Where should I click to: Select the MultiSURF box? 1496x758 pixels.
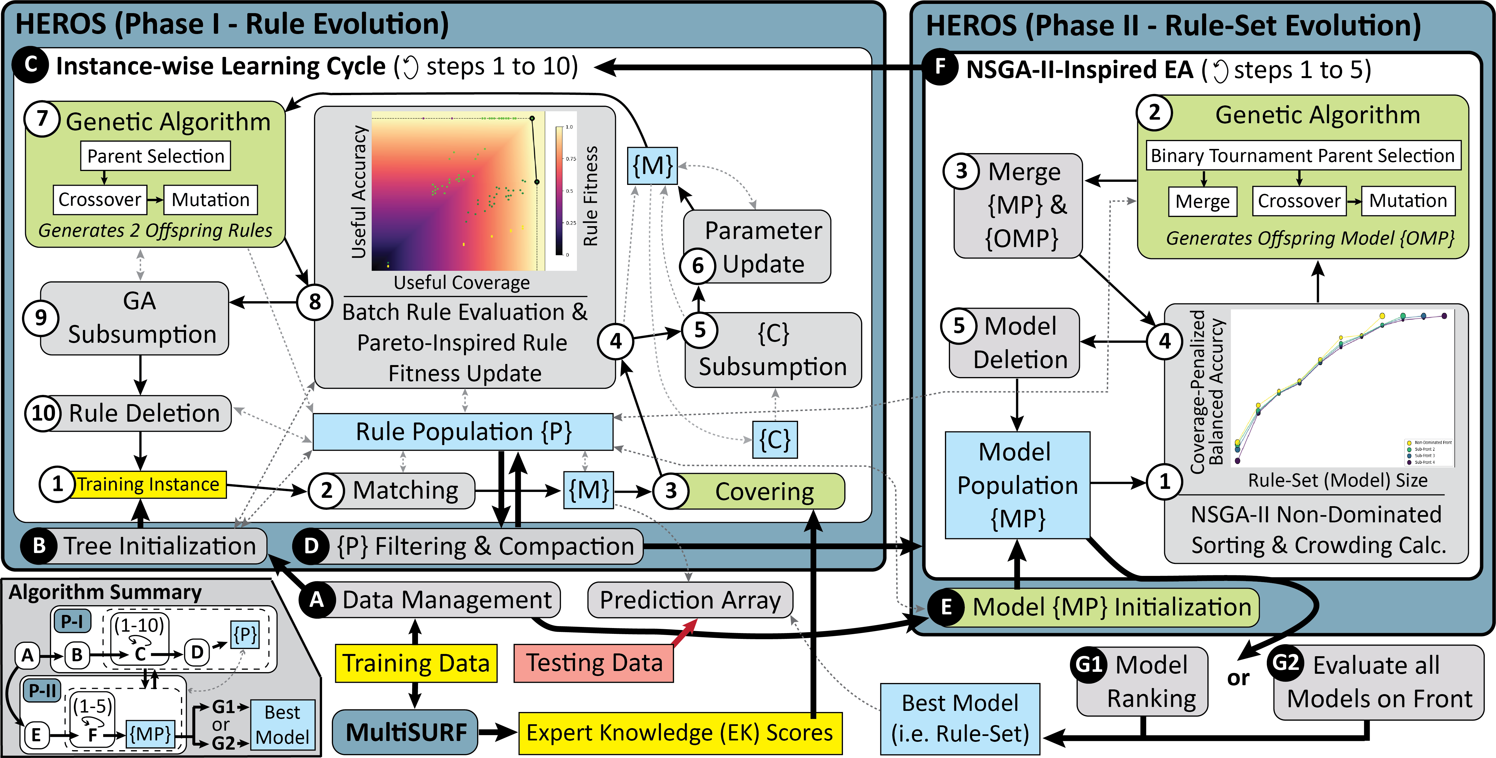coord(405,732)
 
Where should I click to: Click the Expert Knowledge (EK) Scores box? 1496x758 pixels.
coord(680,733)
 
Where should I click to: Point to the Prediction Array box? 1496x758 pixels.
coord(690,600)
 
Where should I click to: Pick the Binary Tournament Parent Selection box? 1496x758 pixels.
coord(1302,156)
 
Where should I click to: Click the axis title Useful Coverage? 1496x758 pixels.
coord(462,283)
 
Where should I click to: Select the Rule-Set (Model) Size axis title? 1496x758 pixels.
coord(1337,480)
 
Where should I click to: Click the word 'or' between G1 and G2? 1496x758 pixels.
coord(1238,678)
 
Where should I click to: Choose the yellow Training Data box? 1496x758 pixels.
coord(416,663)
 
